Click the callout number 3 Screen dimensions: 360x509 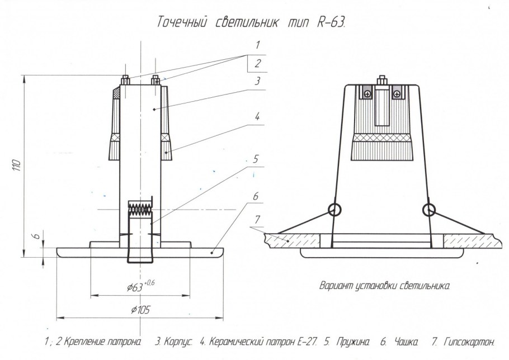click(x=257, y=80)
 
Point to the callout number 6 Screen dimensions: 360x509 click(x=256, y=197)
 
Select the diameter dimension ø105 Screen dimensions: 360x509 click(x=140, y=309)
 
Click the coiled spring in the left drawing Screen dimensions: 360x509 click(x=140, y=209)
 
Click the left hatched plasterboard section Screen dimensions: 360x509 click(x=291, y=239)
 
